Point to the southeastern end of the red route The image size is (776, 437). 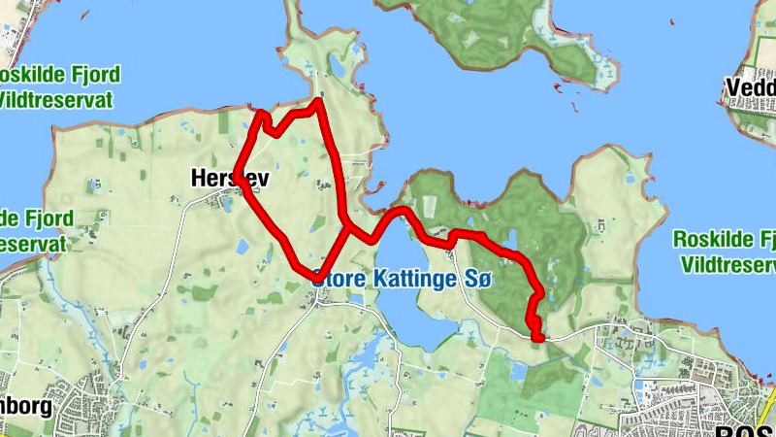[538, 336]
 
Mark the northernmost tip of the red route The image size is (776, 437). [319, 100]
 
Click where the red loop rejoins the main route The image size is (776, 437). [347, 226]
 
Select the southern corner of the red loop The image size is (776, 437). [313, 274]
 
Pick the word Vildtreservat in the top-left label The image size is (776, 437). [56, 99]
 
